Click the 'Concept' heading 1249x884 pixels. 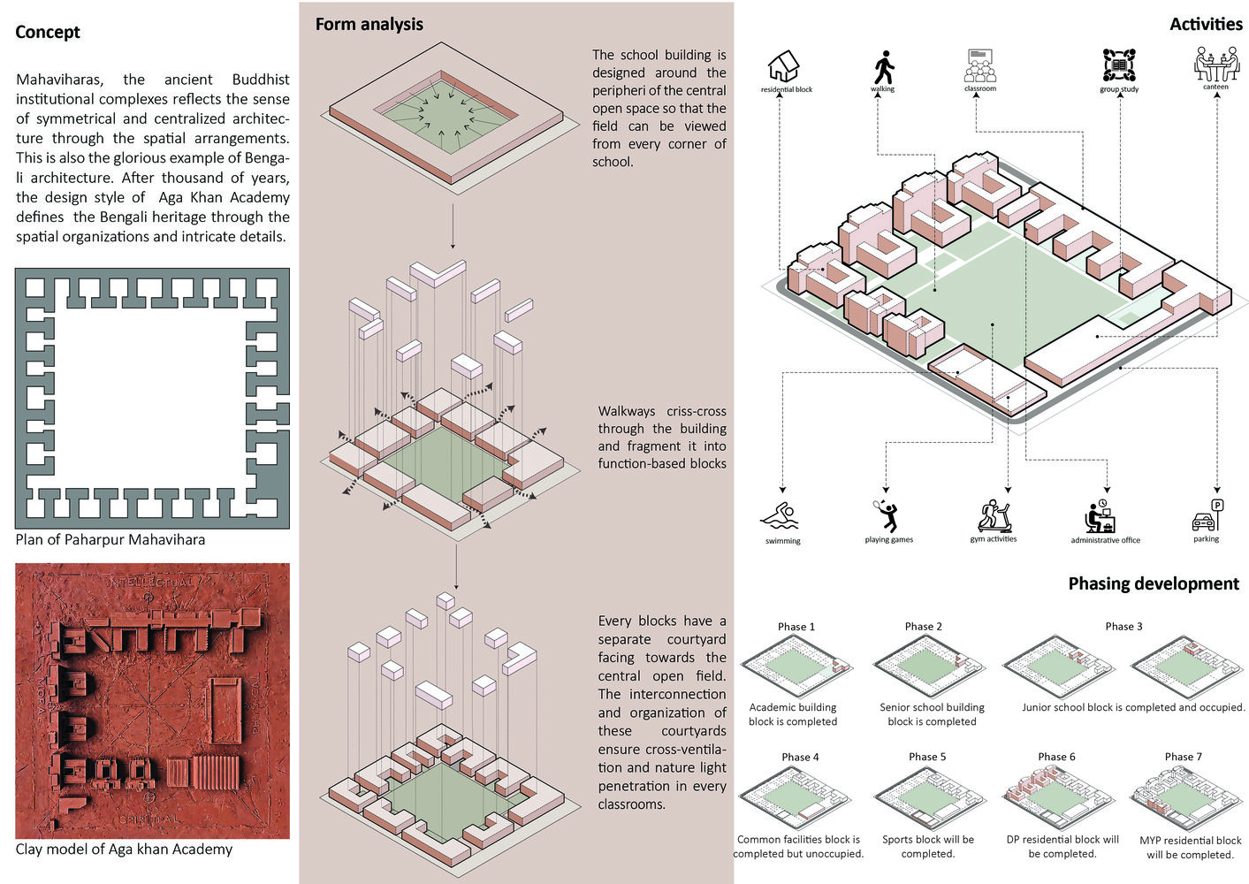pyautogui.click(x=48, y=32)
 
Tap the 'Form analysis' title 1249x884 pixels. pyautogui.click(x=369, y=24)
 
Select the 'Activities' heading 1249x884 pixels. pyautogui.click(x=1205, y=24)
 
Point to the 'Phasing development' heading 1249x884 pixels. pyautogui.click(x=1153, y=583)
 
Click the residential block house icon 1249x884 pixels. pyautogui.click(x=784, y=66)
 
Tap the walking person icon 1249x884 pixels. pyautogui.click(x=883, y=67)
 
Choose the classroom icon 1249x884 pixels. pyautogui.click(x=980, y=65)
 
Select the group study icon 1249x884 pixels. pyautogui.click(x=1119, y=65)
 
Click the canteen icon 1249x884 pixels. pyautogui.click(x=1216, y=64)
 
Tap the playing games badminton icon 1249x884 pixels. pyautogui.click(x=887, y=515)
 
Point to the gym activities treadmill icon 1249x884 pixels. pyautogui.click(x=994, y=515)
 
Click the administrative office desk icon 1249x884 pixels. pyautogui.click(x=1101, y=516)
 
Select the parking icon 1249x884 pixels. pyautogui.click(x=1207, y=515)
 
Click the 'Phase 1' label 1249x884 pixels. pyautogui.click(x=796, y=627)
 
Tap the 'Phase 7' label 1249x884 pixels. pyautogui.click(x=1183, y=757)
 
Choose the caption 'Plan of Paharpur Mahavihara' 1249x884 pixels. pyautogui.click(x=110, y=539)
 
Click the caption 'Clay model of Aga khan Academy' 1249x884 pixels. pyautogui.click(x=124, y=849)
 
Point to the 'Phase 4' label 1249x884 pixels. pyautogui.click(x=800, y=757)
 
